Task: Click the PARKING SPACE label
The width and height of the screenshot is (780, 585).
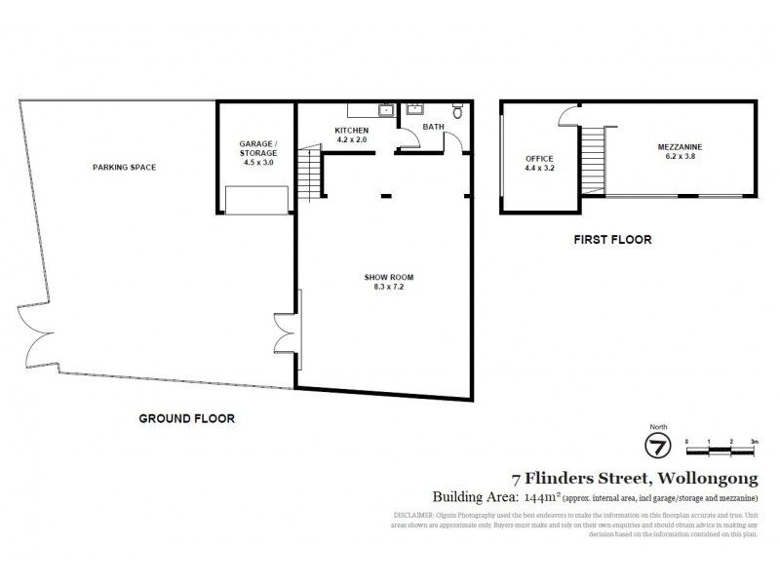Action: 124,167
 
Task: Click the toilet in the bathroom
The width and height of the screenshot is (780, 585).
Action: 457,109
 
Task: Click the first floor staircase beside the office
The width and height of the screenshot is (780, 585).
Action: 591,160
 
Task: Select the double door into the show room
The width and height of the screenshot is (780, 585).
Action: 287,333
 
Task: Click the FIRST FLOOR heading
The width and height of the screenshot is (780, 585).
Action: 613,239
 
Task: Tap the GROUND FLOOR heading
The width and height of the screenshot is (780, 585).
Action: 186,418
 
